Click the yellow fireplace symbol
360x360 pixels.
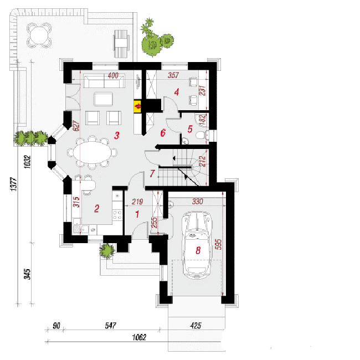137,106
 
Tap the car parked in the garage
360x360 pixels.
197,245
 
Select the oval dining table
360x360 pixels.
92,152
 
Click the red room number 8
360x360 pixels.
198,250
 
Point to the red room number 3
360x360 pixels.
117,136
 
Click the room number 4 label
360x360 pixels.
177,92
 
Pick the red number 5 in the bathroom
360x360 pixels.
190,129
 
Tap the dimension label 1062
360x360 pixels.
139,337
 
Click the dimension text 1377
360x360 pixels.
13,184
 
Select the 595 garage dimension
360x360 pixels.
218,244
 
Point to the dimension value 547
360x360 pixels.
110,326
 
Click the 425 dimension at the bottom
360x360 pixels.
196,326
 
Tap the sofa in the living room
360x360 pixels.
104,81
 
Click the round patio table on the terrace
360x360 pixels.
39,35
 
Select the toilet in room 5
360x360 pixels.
202,135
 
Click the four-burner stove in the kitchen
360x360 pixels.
117,215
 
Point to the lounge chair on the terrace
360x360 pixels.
121,44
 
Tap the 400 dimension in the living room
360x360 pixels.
113,75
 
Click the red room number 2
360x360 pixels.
97,208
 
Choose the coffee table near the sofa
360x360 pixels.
104,99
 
